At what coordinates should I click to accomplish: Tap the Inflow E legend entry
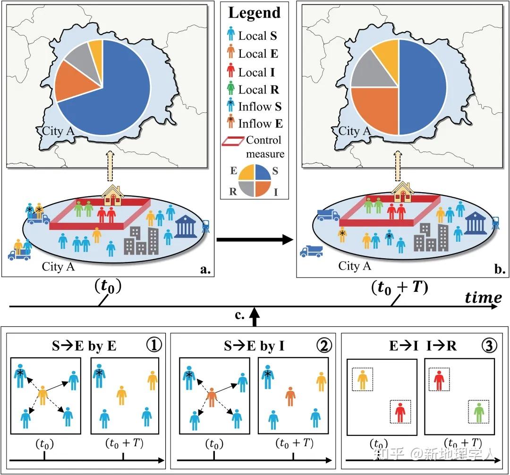pyautogui.click(x=255, y=124)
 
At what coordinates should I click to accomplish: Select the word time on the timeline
pyautogui.click(x=483, y=298)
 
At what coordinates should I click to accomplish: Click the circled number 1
pyautogui.click(x=153, y=346)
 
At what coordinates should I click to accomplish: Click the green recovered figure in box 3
pyautogui.click(x=479, y=412)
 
